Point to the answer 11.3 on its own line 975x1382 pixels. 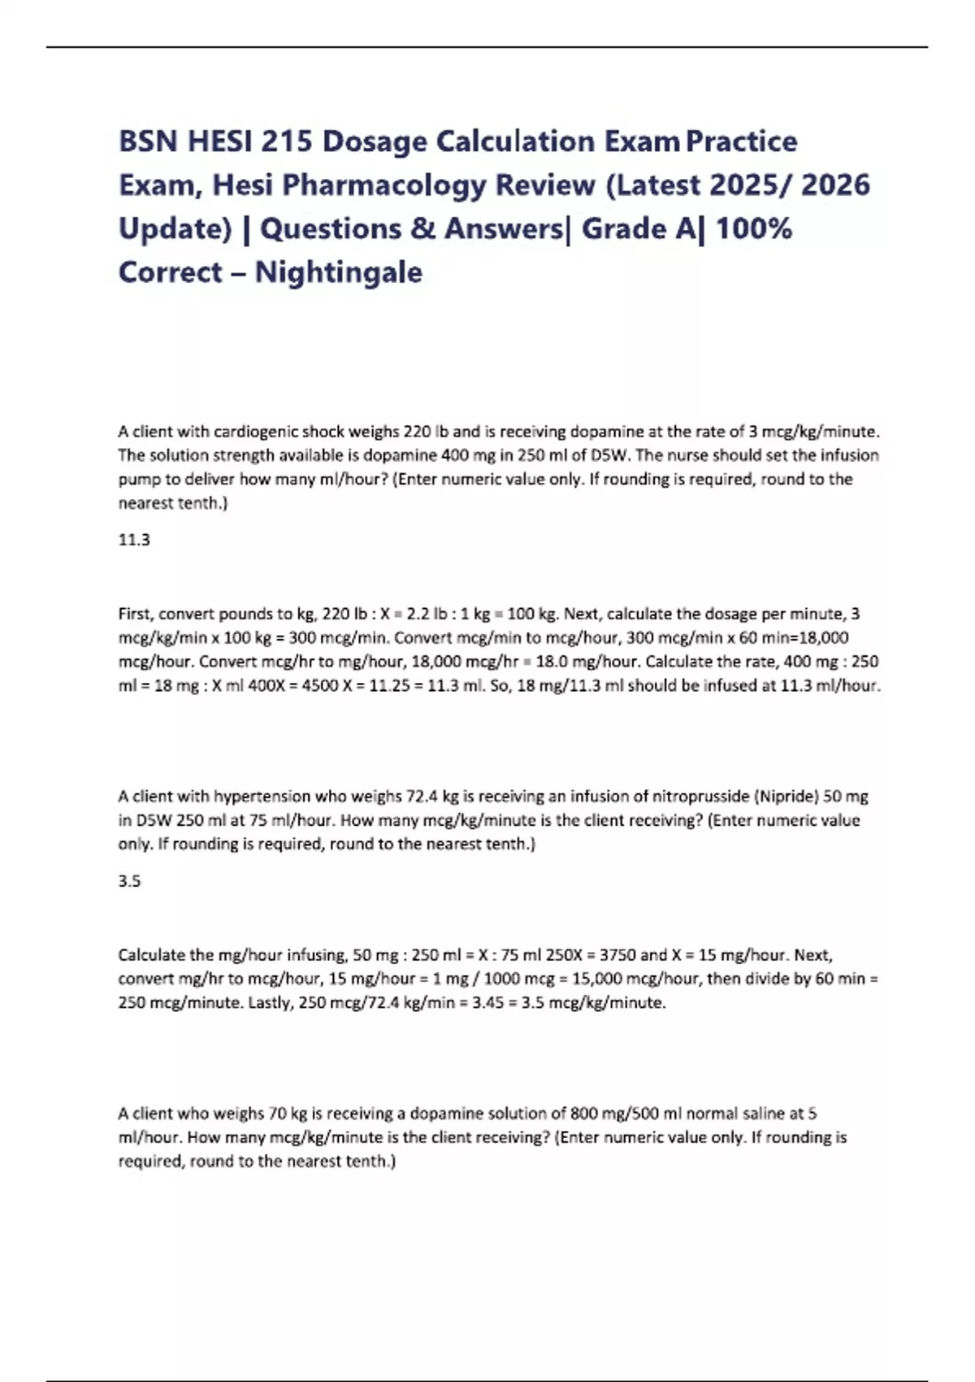pos(134,540)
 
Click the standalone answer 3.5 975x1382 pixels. pos(129,881)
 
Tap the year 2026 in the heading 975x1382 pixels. pos(835,185)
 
